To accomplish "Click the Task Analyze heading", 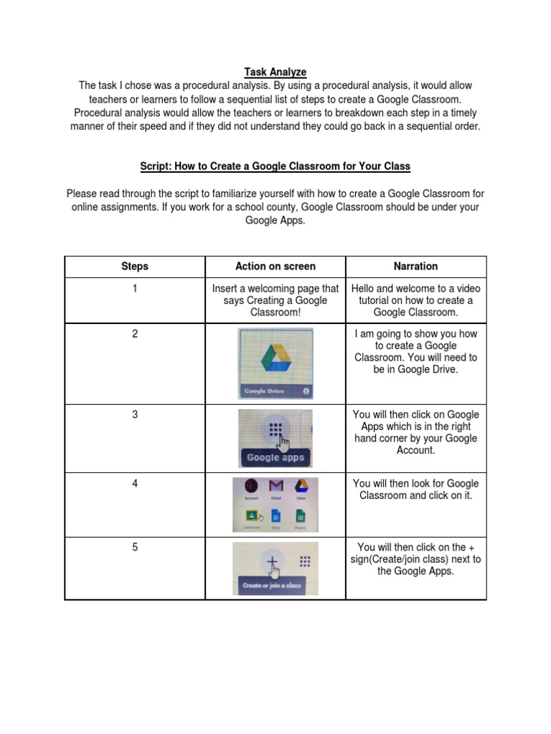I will [x=275, y=72].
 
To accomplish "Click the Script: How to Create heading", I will [x=275, y=166].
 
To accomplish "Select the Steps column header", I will [x=135, y=266].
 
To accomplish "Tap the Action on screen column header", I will [x=275, y=266].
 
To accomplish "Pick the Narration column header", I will [x=415, y=266].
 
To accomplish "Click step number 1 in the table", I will [x=135, y=288].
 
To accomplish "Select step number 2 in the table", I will [x=135, y=334].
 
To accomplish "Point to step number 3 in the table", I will [x=135, y=414].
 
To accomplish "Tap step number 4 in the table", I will [x=135, y=483].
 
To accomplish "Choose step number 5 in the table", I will [x=135, y=547].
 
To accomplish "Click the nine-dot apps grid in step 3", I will [x=274, y=430].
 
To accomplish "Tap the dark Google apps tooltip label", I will [x=275, y=457].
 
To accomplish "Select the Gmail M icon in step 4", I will [x=276, y=487].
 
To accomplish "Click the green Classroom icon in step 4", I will [x=251, y=515].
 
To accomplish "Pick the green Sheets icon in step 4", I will [x=300, y=516].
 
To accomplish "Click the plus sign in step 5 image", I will [x=273, y=563].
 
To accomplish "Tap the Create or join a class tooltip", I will [x=272, y=586].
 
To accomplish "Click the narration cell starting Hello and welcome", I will [x=415, y=300].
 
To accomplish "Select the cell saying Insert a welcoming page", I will [x=275, y=300].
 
